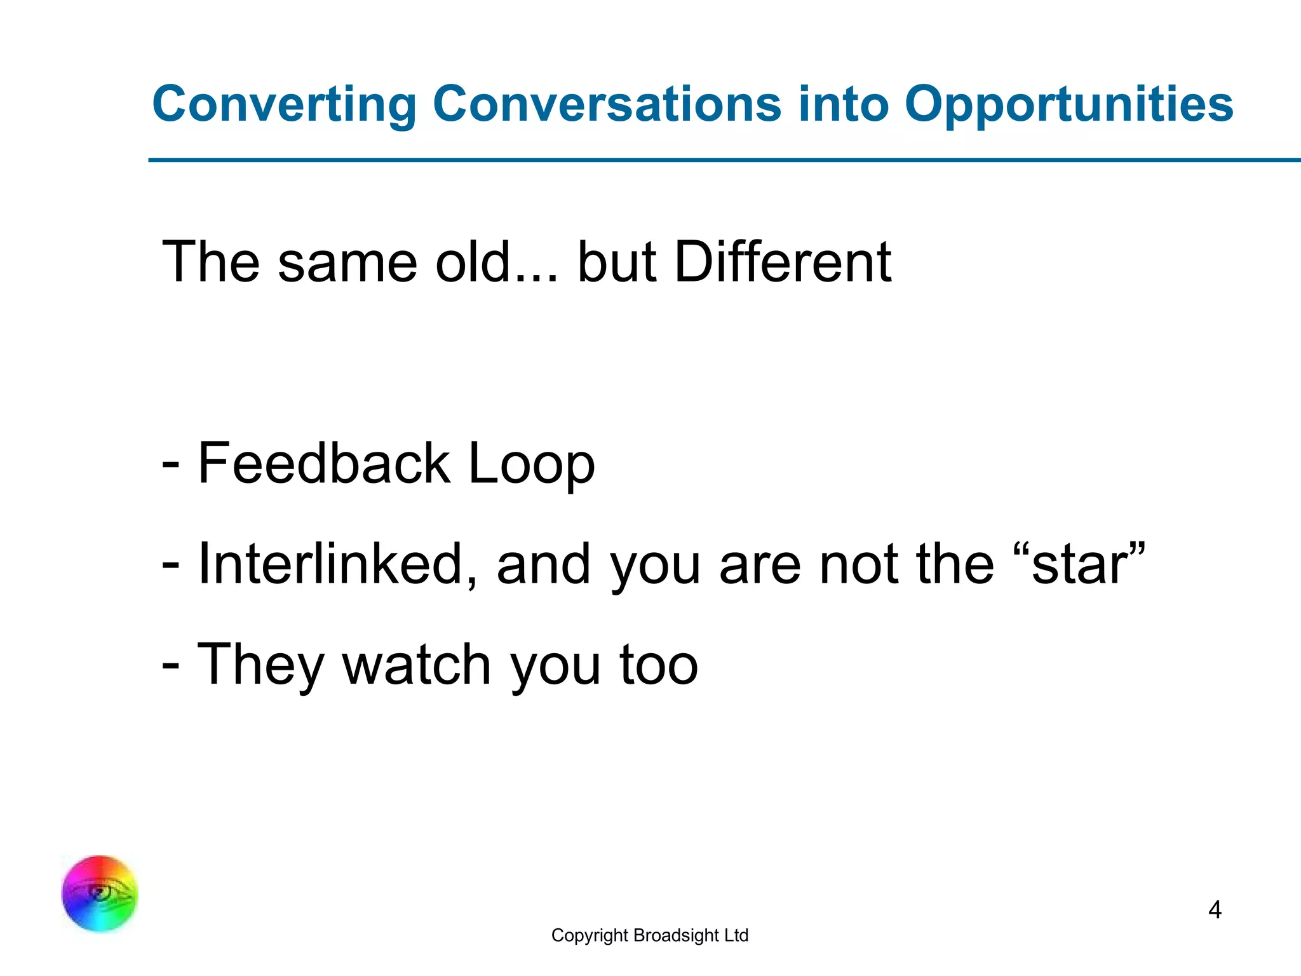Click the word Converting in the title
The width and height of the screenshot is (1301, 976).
(x=284, y=105)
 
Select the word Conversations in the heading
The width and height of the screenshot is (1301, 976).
(x=607, y=105)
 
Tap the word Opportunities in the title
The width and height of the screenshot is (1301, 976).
(x=1068, y=105)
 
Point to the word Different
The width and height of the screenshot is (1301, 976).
(x=783, y=262)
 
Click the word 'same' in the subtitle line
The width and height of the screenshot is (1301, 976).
(x=347, y=262)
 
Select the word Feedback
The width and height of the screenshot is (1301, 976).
(x=324, y=463)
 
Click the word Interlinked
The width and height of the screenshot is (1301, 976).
(x=337, y=564)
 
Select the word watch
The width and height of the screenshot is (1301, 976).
(x=417, y=665)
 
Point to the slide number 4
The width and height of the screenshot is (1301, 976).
(x=1215, y=910)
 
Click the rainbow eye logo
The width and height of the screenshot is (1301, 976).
(x=100, y=893)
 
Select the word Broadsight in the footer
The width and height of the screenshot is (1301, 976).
(x=676, y=935)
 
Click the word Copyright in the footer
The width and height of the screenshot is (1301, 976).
(x=590, y=935)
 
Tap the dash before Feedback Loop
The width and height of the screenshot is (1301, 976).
(x=170, y=464)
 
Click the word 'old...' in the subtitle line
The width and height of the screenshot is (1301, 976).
(x=496, y=262)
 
